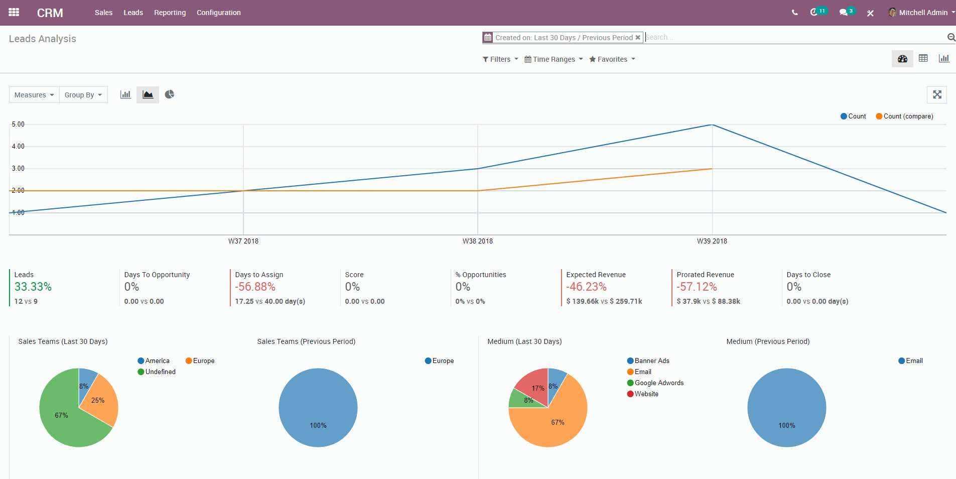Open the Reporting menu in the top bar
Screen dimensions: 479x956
(170, 13)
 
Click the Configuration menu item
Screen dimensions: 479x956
(218, 13)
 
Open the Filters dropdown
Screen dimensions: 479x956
(500, 59)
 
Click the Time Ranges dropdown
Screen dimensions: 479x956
(554, 59)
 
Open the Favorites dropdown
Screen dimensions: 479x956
(612, 59)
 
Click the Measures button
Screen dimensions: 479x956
(34, 95)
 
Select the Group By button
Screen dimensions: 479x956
(83, 95)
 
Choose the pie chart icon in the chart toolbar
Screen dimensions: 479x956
(170, 94)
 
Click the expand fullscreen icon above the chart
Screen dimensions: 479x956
(936, 94)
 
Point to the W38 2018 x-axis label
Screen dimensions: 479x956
(477, 241)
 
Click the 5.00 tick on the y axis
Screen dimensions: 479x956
(18, 125)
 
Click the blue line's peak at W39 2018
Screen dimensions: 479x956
(712, 125)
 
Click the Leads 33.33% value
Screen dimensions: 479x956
(33, 287)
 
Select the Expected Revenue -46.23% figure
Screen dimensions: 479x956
(586, 287)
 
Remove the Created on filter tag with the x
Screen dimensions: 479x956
(638, 38)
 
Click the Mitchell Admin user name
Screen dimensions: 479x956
(923, 13)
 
